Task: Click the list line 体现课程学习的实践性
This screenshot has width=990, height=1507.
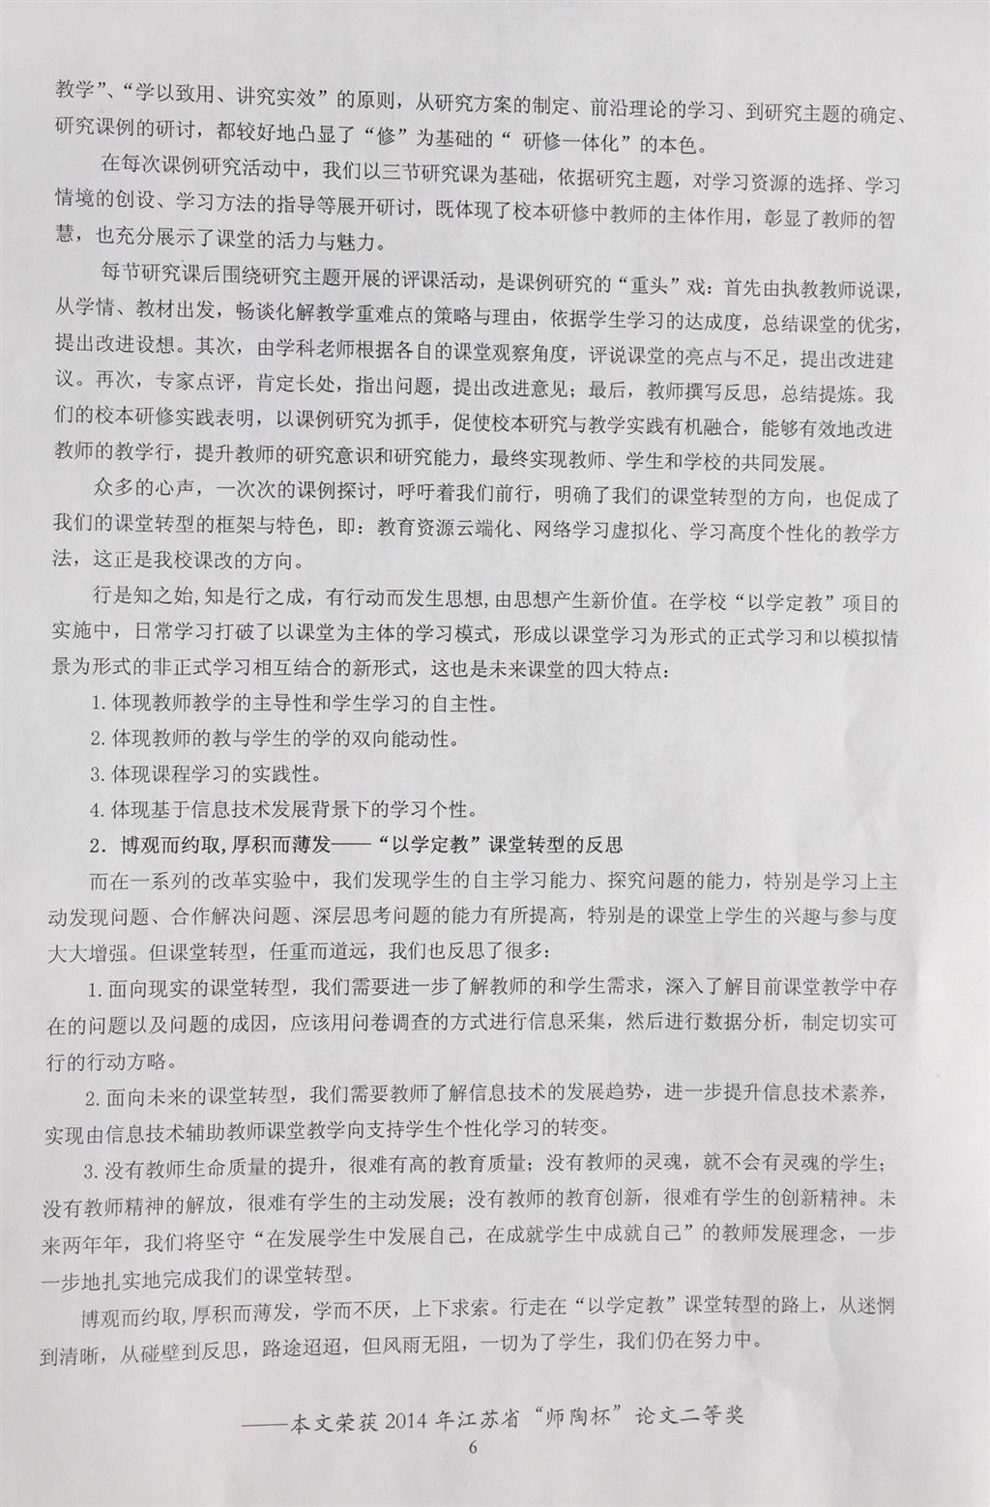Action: click(x=205, y=774)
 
